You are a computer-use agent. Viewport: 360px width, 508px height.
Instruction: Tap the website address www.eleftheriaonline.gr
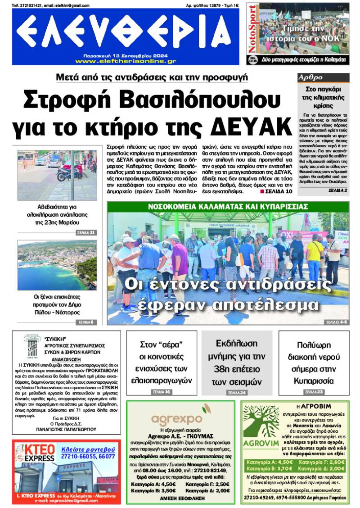pyautogui.click(x=126, y=61)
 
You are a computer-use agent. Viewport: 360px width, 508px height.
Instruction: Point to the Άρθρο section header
pyautogui.click(x=310, y=77)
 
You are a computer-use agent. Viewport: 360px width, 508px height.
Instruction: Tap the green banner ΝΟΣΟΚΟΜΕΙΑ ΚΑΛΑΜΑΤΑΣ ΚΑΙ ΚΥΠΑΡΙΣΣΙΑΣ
pyautogui.click(x=227, y=206)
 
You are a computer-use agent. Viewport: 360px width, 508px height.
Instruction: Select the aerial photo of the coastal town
pyautogui.click(x=57, y=265)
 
